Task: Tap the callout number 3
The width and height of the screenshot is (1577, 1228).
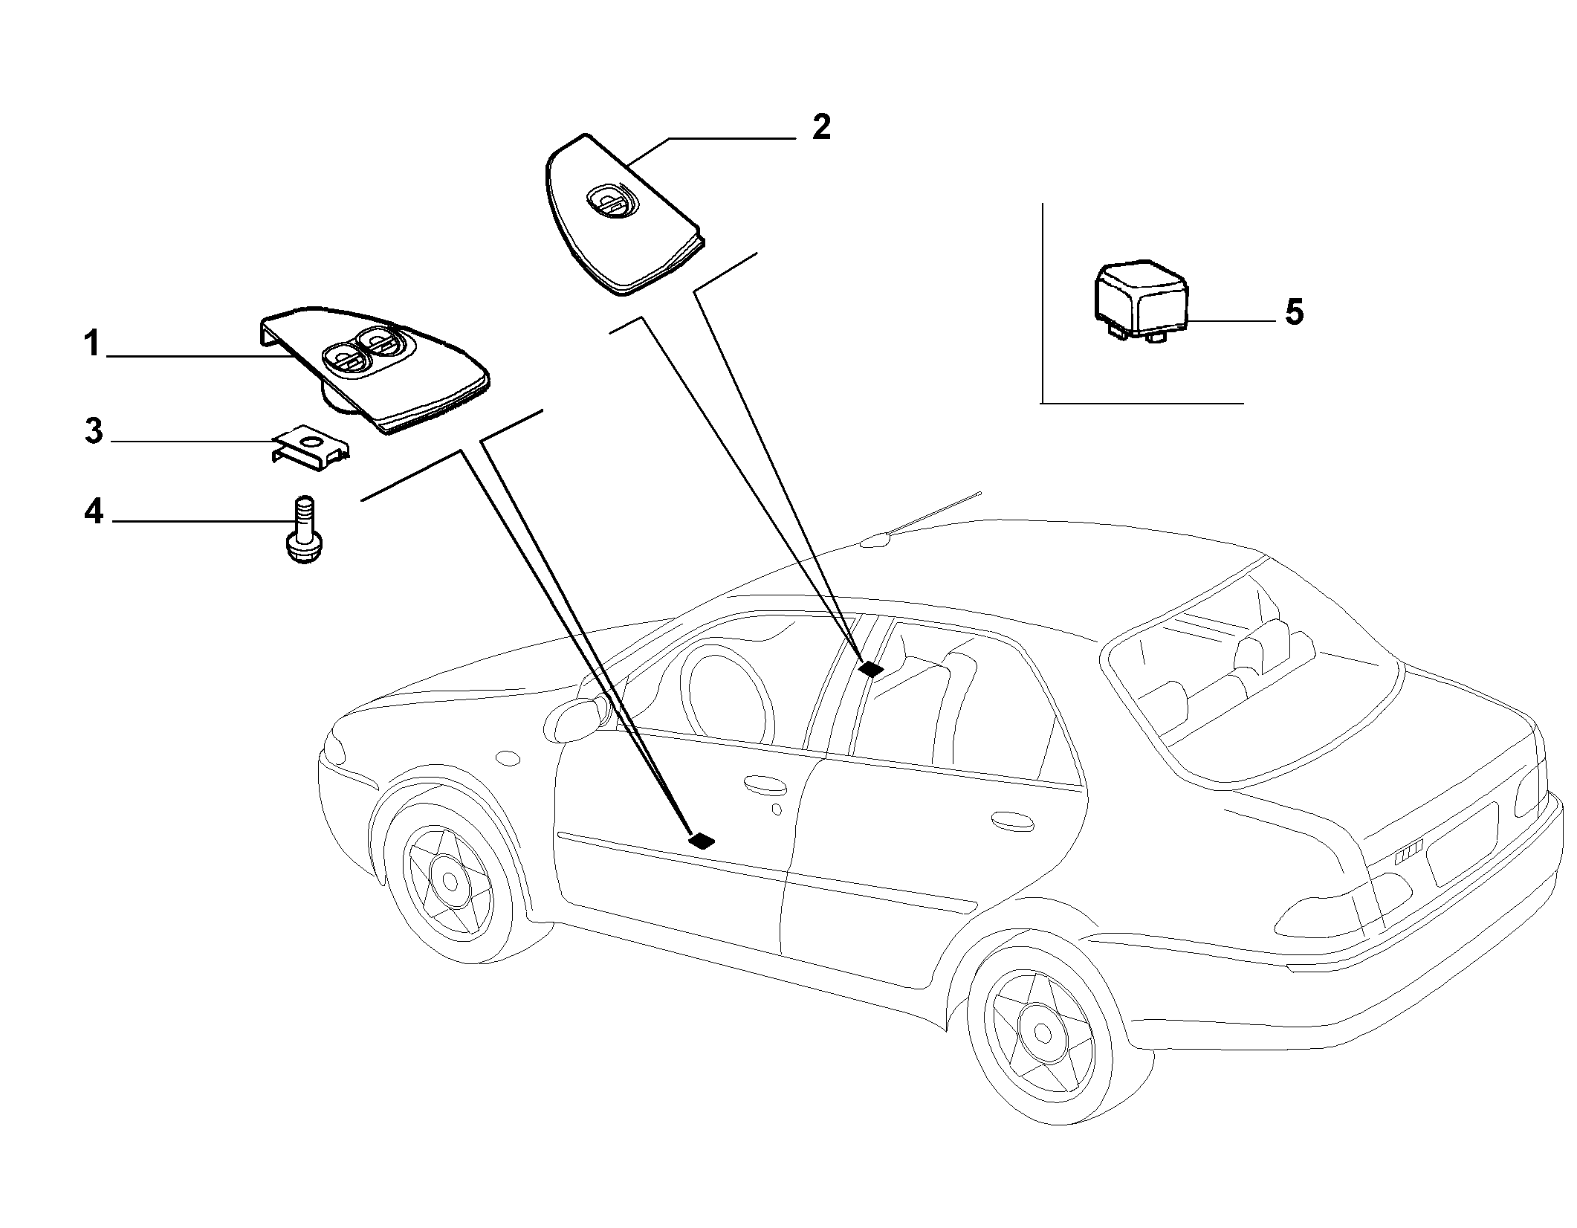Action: (x=93, y=432)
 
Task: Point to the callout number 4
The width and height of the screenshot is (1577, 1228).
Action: (x=93, y=512)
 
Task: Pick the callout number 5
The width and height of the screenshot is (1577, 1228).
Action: (x=1294, y=312)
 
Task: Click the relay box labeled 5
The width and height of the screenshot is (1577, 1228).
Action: (x=1141, y=302)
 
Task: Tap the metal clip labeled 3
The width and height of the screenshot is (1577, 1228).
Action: (x=309, y=447)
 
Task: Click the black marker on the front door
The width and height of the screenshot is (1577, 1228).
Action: (x=702, y=841)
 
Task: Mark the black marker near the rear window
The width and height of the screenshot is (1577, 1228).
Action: (x=870, y=669)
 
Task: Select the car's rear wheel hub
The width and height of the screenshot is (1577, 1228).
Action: (x=1043, y=1033)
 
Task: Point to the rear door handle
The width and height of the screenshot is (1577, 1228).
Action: (x=1012, y=820)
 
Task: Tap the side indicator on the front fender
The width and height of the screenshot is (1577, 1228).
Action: (x=508, y=759)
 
